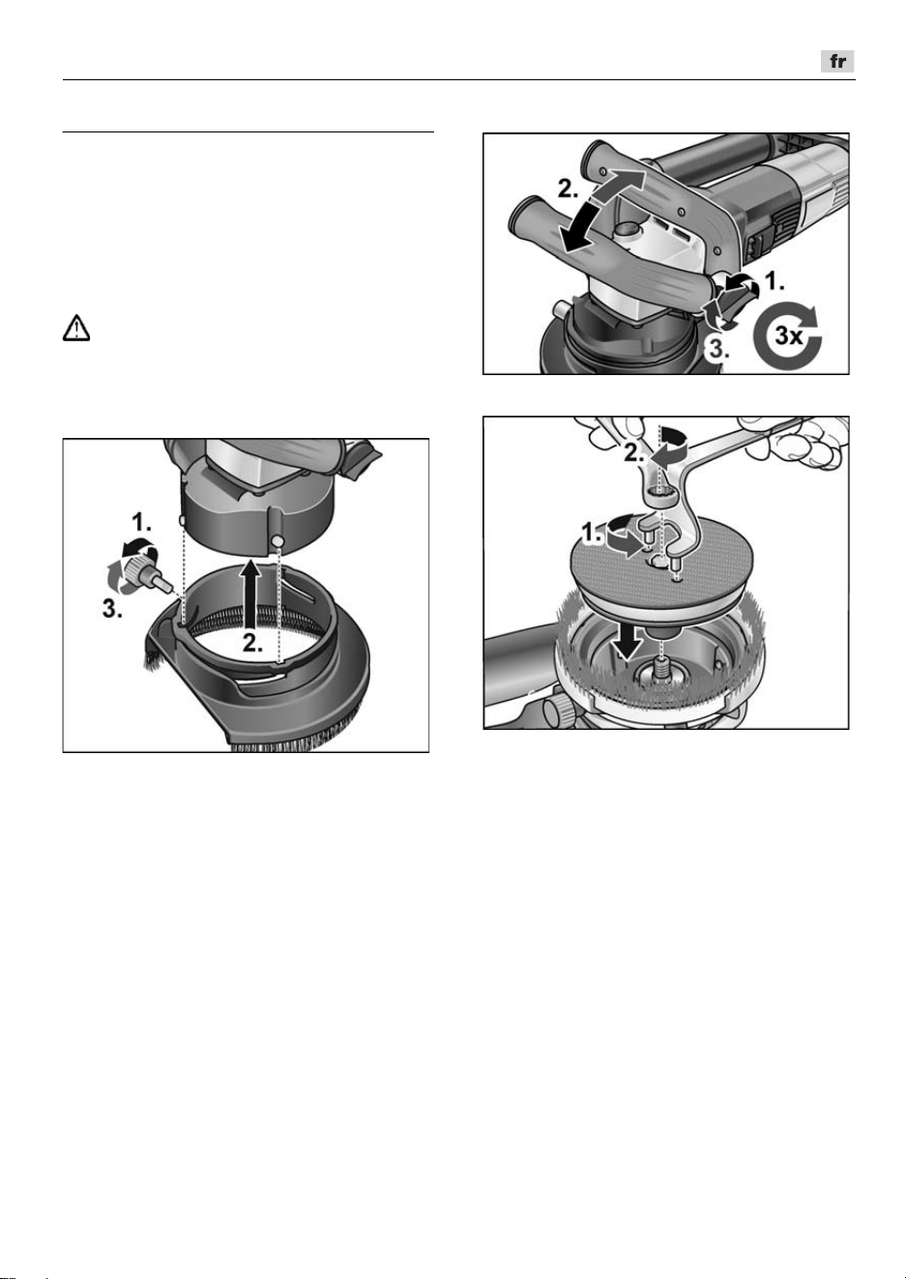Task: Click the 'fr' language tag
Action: [837, 61]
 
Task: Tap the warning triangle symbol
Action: [76, 329]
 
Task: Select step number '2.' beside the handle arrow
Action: [568, 189]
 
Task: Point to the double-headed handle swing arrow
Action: [602, 210]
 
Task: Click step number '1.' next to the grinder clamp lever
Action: [774, 281]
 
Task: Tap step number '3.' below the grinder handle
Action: [718, 348]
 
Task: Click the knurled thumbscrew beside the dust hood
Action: [149, 572]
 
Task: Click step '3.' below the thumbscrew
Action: [112, 610]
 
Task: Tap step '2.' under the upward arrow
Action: [252, 644]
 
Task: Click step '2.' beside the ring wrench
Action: [633, 453]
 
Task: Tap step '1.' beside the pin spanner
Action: [591, 534]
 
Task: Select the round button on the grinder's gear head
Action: [628, 231]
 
